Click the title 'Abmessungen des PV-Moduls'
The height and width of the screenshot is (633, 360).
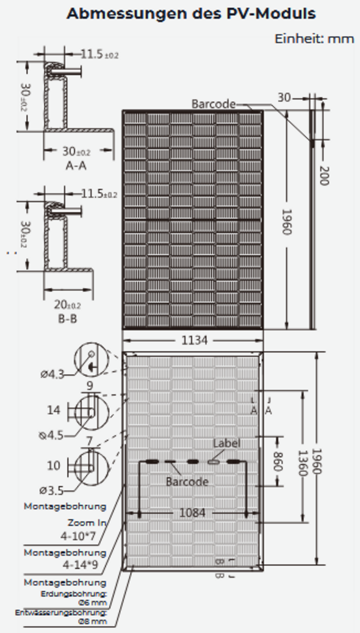[x=191, y=13]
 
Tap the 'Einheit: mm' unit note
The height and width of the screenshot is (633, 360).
[x=314, y=38]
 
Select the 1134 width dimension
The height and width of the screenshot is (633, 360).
[x=194, y=341]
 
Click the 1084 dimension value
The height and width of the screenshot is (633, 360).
[x=192, y=513]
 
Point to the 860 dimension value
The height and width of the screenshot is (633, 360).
[x=277, y=461]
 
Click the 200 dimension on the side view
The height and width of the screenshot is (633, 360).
[x=323, y=175]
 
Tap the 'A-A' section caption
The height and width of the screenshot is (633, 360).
[x=76, y=165]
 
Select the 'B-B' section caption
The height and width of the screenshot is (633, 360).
[x=67, y=319]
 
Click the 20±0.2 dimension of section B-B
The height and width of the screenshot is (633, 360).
[x=67, y=305]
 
